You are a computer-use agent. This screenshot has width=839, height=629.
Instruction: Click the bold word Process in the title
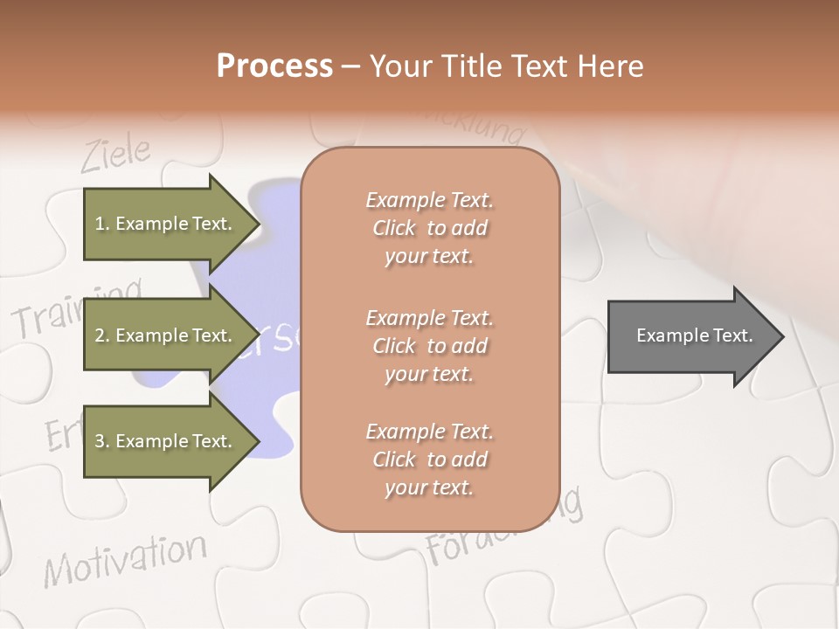pyautogui.click(x=274, y=66)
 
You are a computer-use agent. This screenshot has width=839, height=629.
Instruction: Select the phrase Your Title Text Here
pyautogui.click(x=506, y=66)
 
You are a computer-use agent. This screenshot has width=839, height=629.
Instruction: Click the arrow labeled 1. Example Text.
pyautogui.click(x=166, y=224)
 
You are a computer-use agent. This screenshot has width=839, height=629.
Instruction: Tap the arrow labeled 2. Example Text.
pyautogui.click(x=166, y=335)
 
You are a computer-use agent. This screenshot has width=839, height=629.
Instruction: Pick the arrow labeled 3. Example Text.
pyautogui.click(x=166, y=441)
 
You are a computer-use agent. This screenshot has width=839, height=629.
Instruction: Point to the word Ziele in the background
pyautogui.click(x=115, y=155)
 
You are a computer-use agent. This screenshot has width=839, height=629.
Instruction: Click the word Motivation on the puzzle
pyautogui.click(x=126, y=559)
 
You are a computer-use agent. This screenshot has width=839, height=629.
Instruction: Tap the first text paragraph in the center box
pyautogui.click(x=429, y=228)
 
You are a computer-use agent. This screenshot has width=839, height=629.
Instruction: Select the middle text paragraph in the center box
pyautogui.click(x=429, y=345)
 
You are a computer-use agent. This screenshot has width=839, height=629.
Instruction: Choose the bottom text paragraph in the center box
pyautogui.click(x=429, y=460)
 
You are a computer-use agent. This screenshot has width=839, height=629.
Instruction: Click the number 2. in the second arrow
pyautogui.click(x=102, y=335)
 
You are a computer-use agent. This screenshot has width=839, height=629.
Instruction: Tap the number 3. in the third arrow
pyautogui.click(x=102, y=441)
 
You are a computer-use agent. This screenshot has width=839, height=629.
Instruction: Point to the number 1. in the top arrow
pyautogui.click(x=102, y=224)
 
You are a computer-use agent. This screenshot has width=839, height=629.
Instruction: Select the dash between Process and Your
pyautogui.click(x=351, y=67)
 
